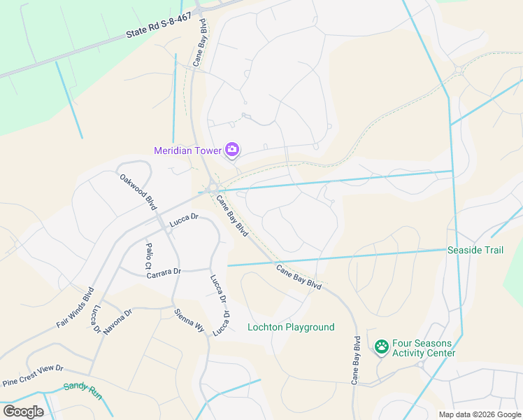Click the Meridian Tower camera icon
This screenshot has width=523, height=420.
coord(232,149)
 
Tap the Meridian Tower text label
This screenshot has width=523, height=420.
coord(187,150)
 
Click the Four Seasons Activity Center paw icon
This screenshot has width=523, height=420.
coord(381,346)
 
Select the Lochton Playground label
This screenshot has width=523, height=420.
coord(291,327)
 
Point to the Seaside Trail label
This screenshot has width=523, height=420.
coord(475,250)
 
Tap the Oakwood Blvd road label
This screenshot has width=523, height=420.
coord(138,192)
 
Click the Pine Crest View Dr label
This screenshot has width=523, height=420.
coord(33,375)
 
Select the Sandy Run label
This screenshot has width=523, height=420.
coord(83,390)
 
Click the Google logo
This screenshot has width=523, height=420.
coord(23,411)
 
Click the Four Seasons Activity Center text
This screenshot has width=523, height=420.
coord(424,348)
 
